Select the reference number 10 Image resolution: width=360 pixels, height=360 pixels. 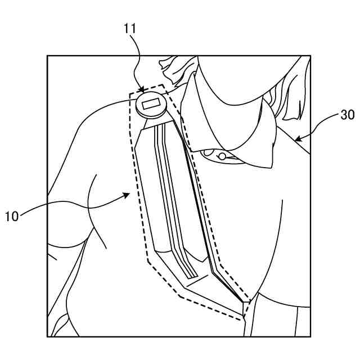click(13, 215)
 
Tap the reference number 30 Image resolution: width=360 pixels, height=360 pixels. click(347, 115)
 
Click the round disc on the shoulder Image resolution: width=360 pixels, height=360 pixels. click(151, 106)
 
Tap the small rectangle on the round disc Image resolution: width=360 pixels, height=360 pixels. click(151, 103)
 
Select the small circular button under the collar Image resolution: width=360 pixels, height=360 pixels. click(222, 156)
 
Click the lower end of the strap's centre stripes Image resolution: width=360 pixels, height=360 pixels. click(192, 275)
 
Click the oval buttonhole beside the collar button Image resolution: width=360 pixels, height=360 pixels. click(209, 152)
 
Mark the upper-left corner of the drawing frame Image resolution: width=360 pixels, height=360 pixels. click(47, 56)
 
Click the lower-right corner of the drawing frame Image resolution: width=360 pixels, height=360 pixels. click(310, 336)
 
